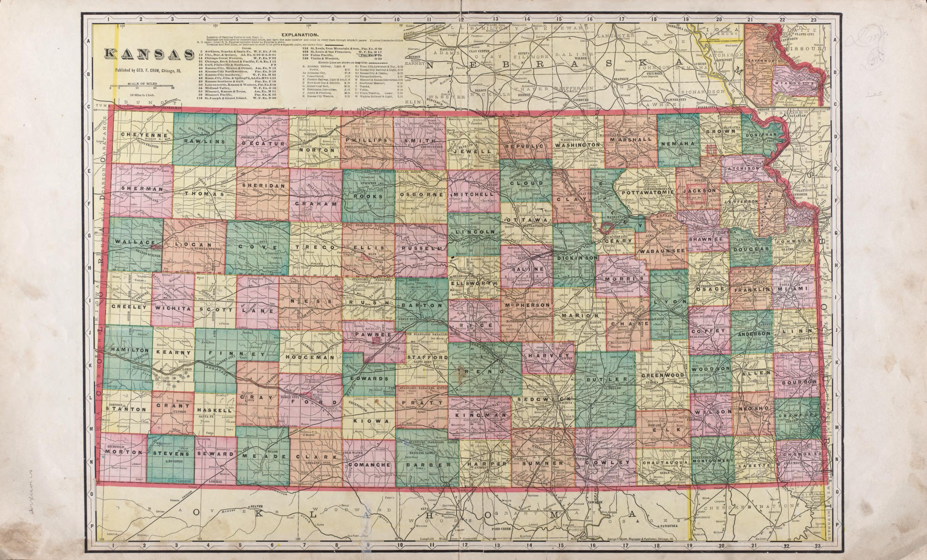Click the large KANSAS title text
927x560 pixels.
pos(148,54)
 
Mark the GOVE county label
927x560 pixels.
pos(257,247)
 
